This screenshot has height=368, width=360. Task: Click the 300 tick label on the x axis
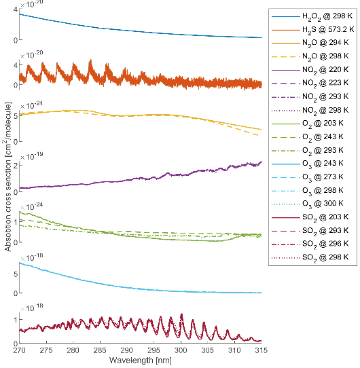(181, 350)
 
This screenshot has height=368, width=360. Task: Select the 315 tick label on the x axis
(261, 350)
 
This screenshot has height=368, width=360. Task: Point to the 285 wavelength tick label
(101, 350)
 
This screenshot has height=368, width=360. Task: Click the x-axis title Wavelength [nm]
(141, 359)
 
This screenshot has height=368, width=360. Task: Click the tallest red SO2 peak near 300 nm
(181, 315)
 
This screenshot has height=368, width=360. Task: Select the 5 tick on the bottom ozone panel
(15, 274)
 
